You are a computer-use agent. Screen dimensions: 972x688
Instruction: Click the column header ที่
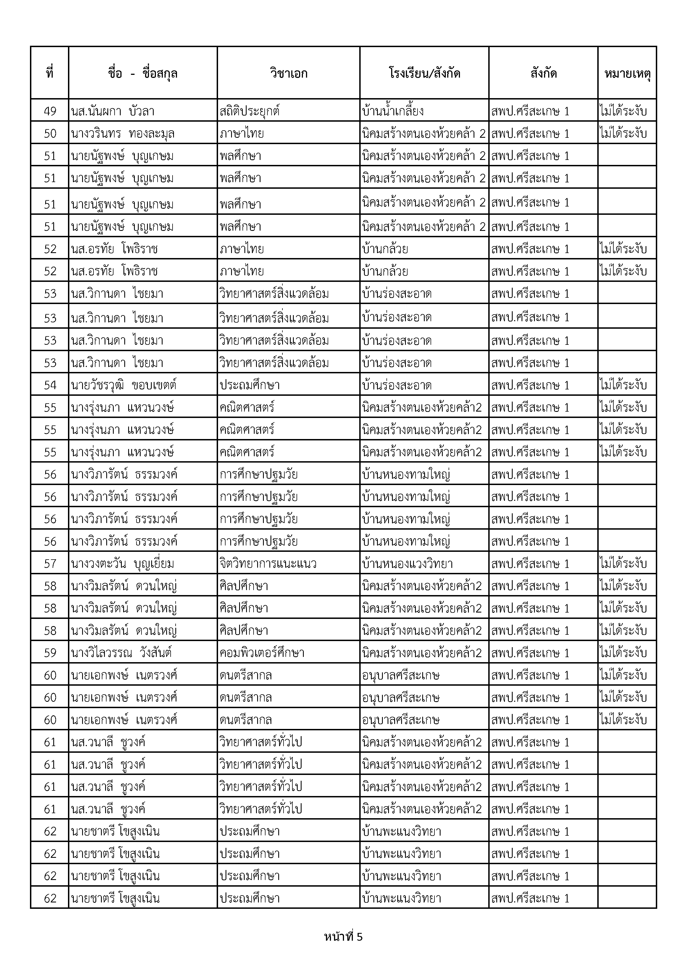50,73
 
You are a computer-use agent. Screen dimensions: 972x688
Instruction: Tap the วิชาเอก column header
289,73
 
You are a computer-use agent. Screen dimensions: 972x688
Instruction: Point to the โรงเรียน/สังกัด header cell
424,73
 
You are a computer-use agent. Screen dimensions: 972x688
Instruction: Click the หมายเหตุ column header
627,73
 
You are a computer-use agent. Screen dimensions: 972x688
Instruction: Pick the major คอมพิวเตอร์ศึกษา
262,653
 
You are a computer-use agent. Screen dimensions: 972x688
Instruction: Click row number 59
50,653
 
